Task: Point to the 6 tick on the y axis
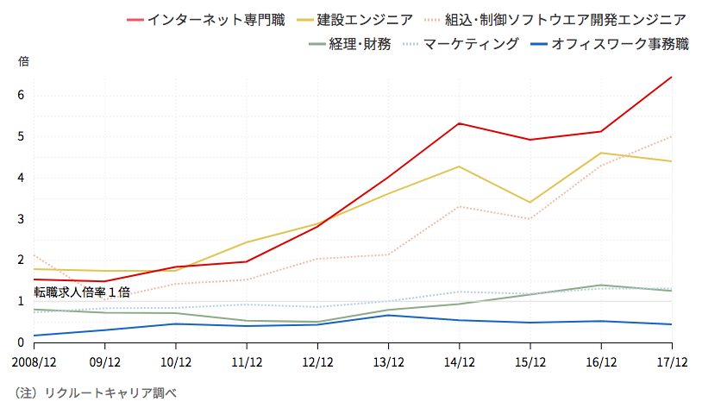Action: point(22,95)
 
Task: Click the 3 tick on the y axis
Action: point(22,219)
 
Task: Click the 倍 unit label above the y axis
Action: point(23,62)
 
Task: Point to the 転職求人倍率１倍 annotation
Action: point(83,292)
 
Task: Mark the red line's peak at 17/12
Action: point(671,78)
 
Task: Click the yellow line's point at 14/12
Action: point(459,166)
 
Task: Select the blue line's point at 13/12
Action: point(388,315)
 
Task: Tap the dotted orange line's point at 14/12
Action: point(459,206)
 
